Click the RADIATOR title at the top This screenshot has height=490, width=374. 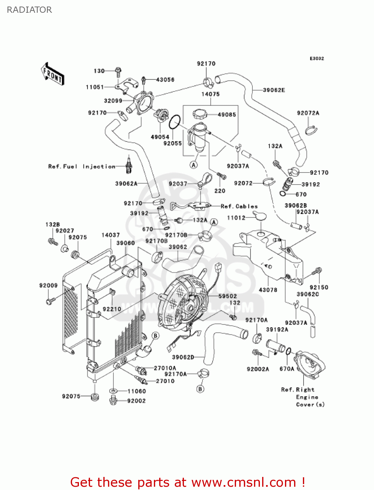click(29, 10)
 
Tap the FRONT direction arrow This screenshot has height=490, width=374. click(52, 74)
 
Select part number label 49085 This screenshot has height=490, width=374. click(227, 115)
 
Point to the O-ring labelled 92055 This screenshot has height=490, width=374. click(175, 122)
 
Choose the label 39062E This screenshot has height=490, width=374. click(274, 90)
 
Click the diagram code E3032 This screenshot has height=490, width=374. click(317, 58)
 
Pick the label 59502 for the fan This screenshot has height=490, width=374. click(227, 296)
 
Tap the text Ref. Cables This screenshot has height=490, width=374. click(239, 206)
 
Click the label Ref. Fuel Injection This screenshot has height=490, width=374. click(82, 167)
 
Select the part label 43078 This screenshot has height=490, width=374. click(268, 290)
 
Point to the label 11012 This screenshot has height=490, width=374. click(236, 218)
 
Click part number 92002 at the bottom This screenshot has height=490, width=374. click(136, 401)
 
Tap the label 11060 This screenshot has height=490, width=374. click(137, 391)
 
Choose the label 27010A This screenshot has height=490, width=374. click(165, 368)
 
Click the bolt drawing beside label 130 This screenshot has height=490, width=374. click(118, 72)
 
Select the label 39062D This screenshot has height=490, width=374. click(183, 357)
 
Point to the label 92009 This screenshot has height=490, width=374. click(48, 285)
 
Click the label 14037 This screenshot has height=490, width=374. click(111, 235)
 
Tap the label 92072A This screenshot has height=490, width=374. click(308, 113)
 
